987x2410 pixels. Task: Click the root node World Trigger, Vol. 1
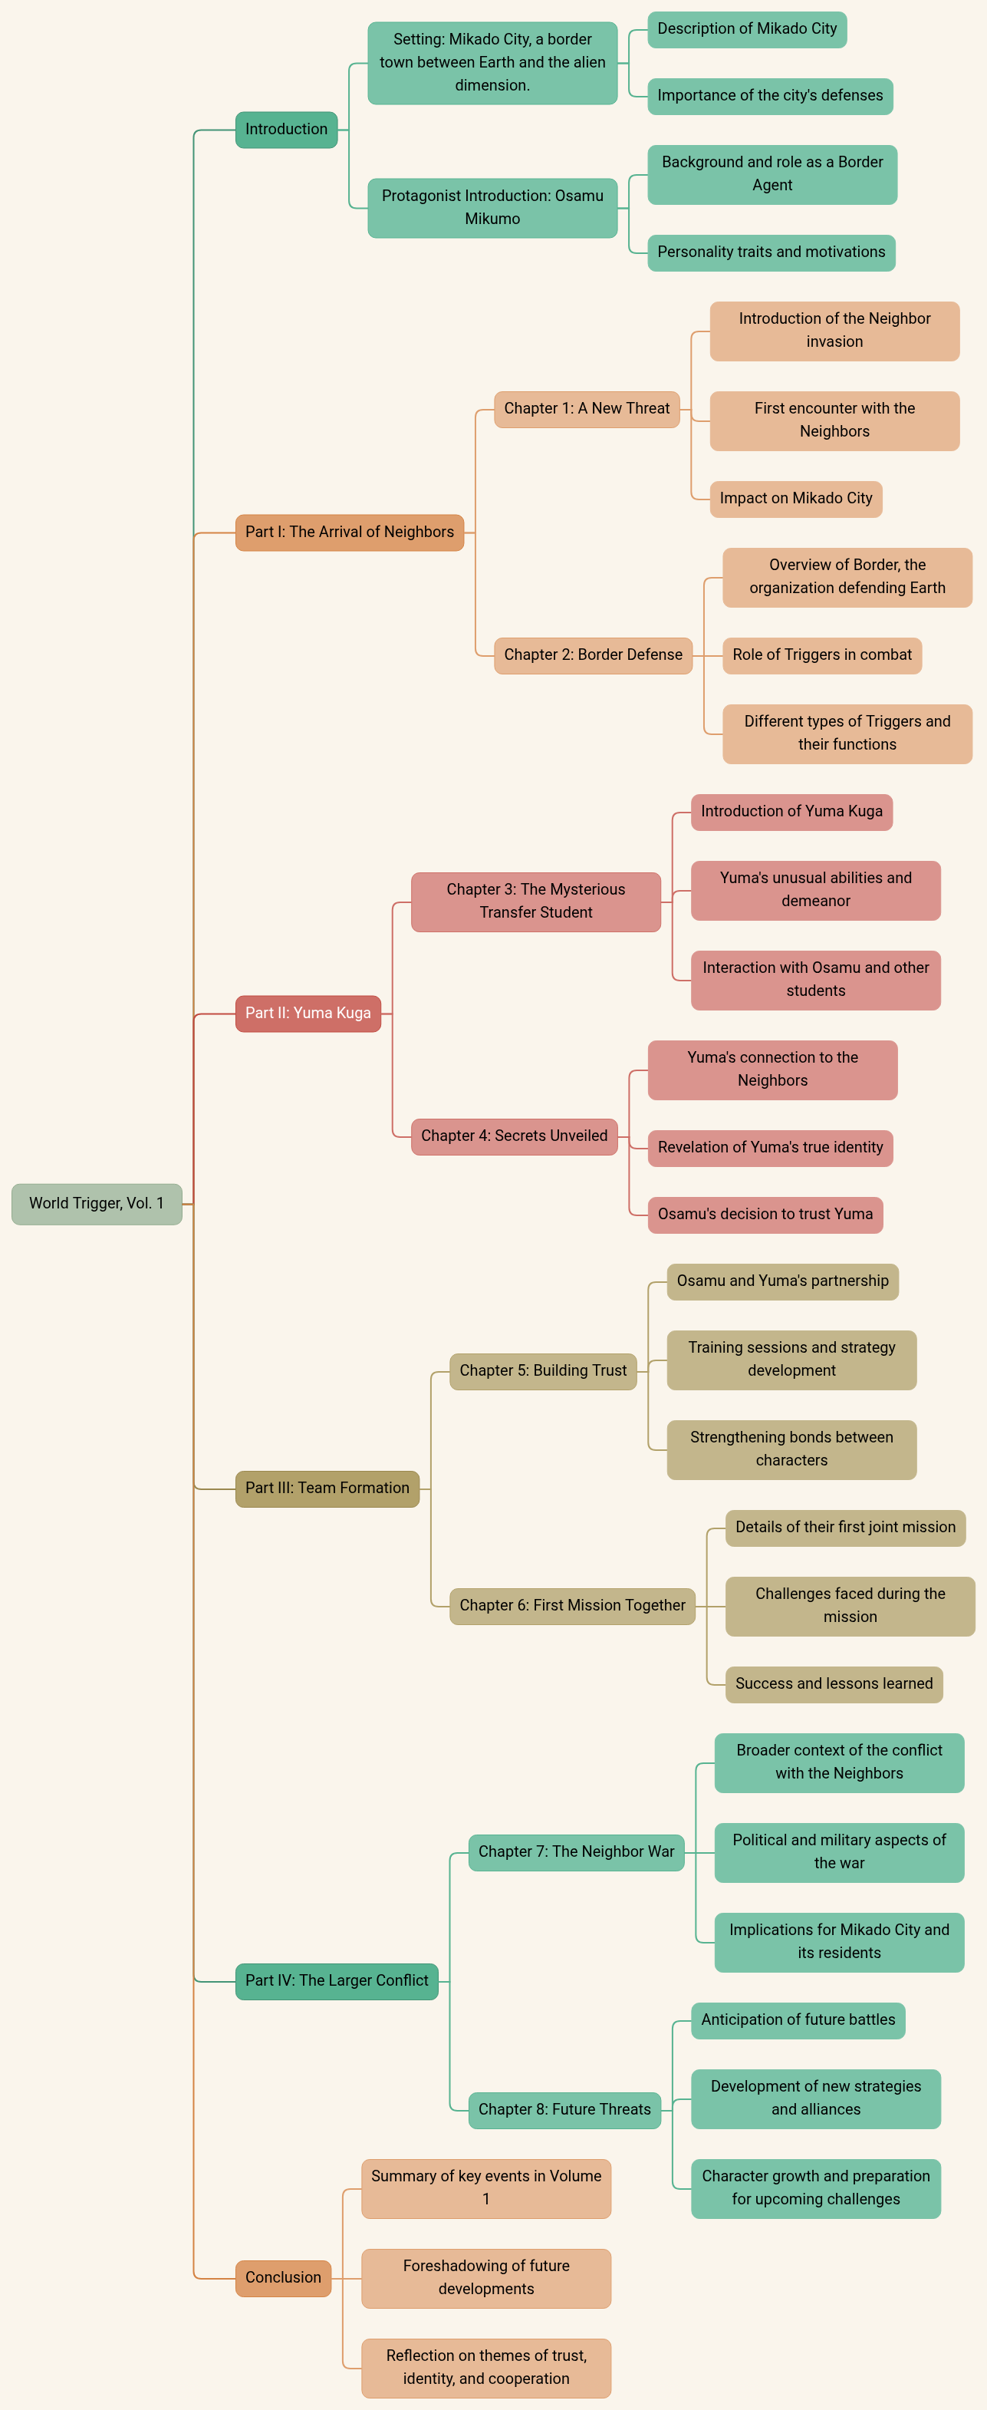97,1203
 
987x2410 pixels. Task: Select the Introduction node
286,129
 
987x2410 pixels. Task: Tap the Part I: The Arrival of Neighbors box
349,532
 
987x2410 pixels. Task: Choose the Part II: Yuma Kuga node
308,1014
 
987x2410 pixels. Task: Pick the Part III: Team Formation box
327,1488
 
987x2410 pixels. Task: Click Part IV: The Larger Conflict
336,1980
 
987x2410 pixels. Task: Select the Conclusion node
282,2277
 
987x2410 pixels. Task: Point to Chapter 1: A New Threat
587,409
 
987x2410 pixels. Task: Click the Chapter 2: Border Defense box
593,655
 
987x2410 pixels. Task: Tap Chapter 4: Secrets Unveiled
514,1136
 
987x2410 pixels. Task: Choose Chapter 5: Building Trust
543,1370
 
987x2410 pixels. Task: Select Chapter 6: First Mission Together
571,1605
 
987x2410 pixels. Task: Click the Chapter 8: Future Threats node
564,2110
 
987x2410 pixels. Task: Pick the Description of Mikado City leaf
746,29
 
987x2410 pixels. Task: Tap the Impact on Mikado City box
795,499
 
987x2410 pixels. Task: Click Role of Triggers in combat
821,655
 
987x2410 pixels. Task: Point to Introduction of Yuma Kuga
791,811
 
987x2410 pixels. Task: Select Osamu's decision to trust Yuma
765,1215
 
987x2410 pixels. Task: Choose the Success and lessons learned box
834,1684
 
